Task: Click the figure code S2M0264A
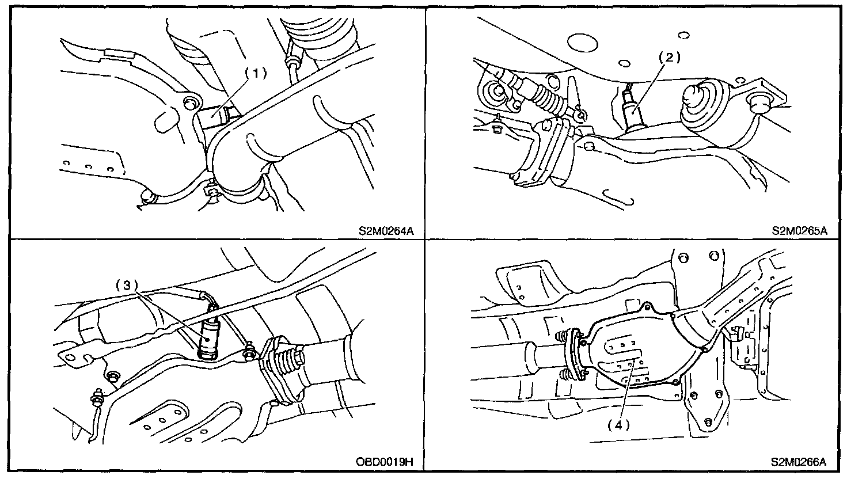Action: click(x=386, y=231)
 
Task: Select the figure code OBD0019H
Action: click(x=386, y=462)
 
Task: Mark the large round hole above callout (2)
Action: click(x=582, y=44)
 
